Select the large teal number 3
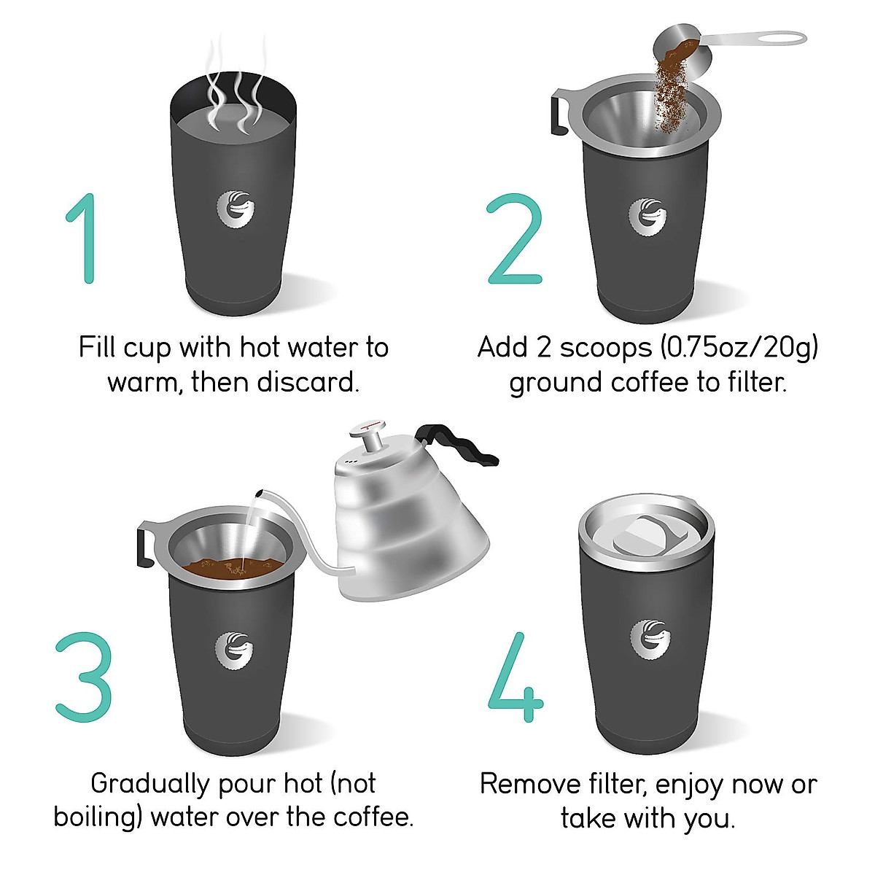pos(83,677)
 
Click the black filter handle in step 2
pos(559,113)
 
